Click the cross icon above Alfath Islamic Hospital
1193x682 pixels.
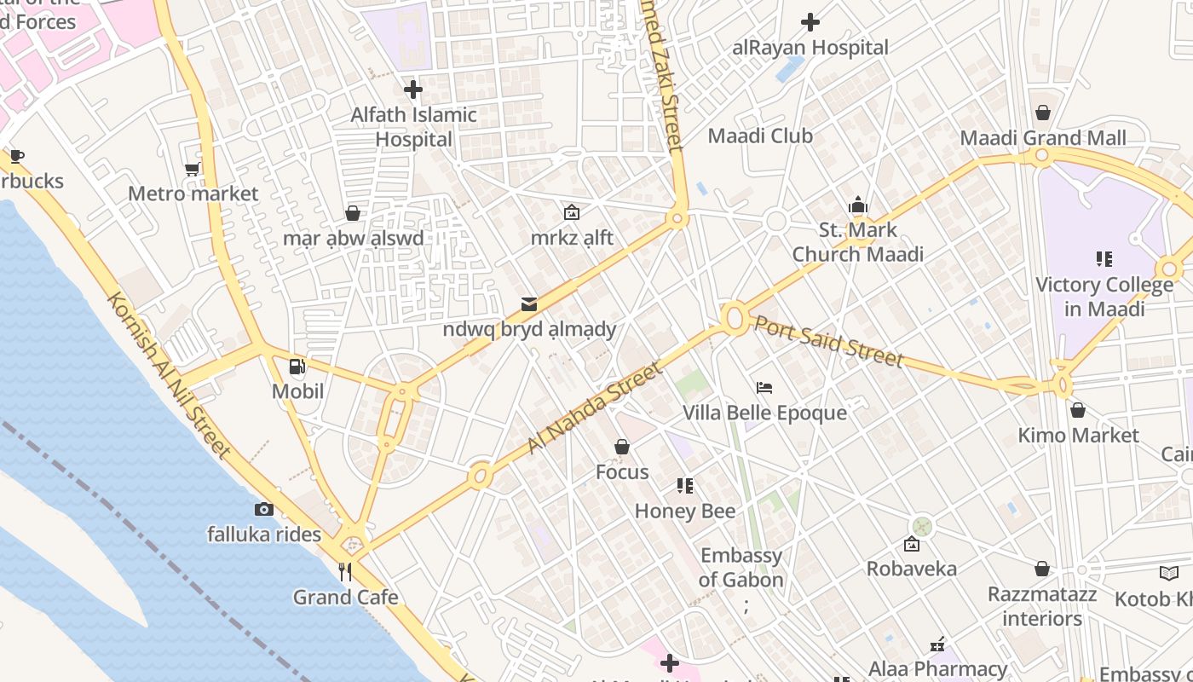pos(413,89)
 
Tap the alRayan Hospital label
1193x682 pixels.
pos(810,48)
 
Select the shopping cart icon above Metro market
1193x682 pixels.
pos(193,169)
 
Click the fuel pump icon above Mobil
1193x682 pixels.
pos(297,367)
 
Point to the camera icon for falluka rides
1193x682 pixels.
pos(264,510)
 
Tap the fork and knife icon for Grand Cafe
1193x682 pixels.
pos(345,572)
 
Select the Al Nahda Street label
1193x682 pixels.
pos(594,407)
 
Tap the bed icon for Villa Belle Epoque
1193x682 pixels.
pos(764,388)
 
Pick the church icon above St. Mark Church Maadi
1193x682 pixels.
pos(858,205)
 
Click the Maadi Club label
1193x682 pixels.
pos(760,136)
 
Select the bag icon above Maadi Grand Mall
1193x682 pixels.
pos(1043,113)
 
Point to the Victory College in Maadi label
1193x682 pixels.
pos(1104,297)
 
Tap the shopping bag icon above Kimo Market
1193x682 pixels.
pos(1078,411)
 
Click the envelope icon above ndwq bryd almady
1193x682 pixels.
pos(529,304)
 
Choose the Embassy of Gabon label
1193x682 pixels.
pos(741,568)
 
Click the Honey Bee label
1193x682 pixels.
pos(685,511)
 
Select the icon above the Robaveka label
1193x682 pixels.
pos(912,544)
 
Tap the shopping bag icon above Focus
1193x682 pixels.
pos(622,447)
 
